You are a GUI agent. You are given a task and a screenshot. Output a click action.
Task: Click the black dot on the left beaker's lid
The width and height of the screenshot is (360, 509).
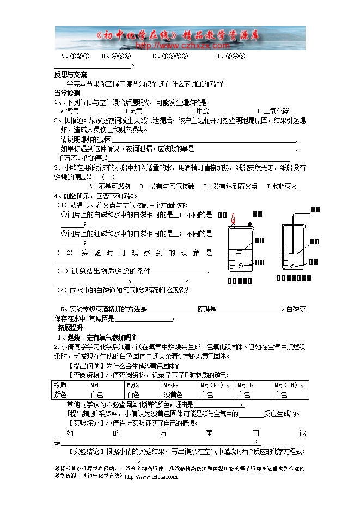pos(249,224)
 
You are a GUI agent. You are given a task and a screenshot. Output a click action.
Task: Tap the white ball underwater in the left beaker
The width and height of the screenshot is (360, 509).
pos(240,266)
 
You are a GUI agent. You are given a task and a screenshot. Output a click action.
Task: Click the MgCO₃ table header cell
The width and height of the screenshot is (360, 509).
pos(253,385)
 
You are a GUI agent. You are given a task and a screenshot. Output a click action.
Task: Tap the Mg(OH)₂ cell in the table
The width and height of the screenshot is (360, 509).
pos(288,385)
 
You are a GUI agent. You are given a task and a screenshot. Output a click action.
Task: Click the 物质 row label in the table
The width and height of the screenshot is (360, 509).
pos(70,385)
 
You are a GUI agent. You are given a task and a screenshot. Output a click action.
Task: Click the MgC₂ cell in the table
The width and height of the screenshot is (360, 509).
pos(142,385)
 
